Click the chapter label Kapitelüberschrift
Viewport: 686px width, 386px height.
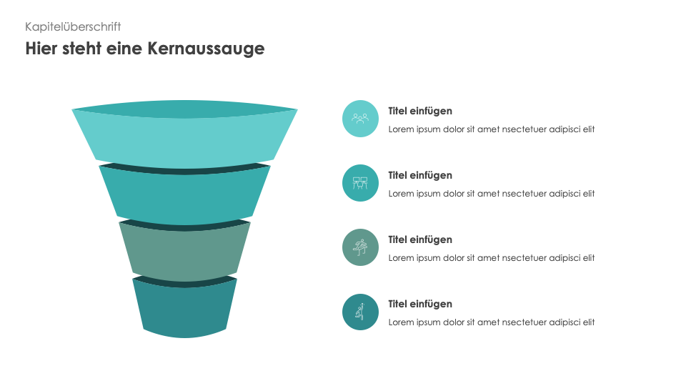(x=73, y=26)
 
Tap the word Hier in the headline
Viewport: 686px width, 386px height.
(x=41, y=49)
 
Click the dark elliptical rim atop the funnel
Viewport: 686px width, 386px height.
(x=184, y=108)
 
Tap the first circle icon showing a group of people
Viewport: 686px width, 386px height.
(x=360, y=119)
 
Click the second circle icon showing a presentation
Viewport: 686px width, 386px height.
(x=360, y=183)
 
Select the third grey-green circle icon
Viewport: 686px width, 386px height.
(x=360, y=247)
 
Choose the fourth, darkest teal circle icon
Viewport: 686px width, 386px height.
(x=360, y=312)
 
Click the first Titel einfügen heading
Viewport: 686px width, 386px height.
(x=420, y=111)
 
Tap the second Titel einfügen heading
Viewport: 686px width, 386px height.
(x=420, y=175)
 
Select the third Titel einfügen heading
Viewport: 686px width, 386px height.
(x=420, y=239)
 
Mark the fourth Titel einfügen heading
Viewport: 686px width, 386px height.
(x=420, y=304)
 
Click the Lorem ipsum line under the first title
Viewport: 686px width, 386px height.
(x=492, y=129)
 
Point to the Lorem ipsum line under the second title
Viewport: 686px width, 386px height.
(x=492, y=194)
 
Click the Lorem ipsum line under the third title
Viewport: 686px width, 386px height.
(x=492, y=258)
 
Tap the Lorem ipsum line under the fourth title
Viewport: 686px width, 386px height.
(x=492, y=322)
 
